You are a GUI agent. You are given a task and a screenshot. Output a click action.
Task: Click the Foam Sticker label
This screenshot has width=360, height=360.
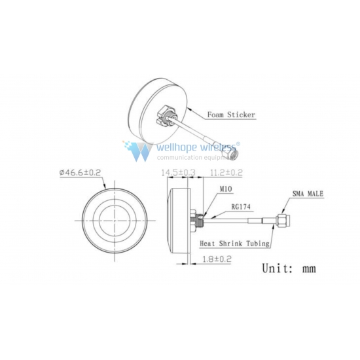[x=231, y=115]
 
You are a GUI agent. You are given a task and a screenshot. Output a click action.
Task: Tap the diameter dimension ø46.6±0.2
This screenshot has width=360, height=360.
[x=80, y=172]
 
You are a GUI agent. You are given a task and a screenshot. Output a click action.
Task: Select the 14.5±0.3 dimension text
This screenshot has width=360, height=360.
[x=178, y=172]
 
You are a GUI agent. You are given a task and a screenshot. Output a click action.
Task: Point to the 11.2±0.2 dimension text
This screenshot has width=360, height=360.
[x=226, y=172]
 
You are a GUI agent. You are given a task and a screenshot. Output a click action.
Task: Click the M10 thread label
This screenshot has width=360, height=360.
[x=226, y=189]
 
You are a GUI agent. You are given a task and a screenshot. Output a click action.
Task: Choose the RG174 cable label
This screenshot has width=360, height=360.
[x=241, y=207]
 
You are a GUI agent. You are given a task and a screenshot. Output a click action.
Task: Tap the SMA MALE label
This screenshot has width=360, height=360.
[x=308, y=194]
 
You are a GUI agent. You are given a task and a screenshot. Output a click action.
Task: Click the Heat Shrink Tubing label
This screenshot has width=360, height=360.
[x=234, y=243]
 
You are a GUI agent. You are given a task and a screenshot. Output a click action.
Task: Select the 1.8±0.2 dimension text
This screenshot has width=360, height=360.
[x=217, y=259]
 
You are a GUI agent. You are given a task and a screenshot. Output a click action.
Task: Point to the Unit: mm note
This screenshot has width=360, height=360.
[x=289, y=268]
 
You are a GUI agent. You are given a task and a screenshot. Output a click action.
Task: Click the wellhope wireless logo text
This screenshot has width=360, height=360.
[x=196, y=147]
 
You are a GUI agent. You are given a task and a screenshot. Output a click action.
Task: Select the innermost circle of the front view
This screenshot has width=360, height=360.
[x=99, y=221]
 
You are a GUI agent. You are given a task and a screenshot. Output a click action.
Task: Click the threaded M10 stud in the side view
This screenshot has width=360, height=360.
[x=200, y=221]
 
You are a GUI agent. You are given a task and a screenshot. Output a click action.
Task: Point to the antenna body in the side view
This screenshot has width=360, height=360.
[x=178, y=221]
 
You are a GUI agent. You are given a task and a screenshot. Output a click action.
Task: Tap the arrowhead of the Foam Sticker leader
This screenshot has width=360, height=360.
[x=189, y=109]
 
